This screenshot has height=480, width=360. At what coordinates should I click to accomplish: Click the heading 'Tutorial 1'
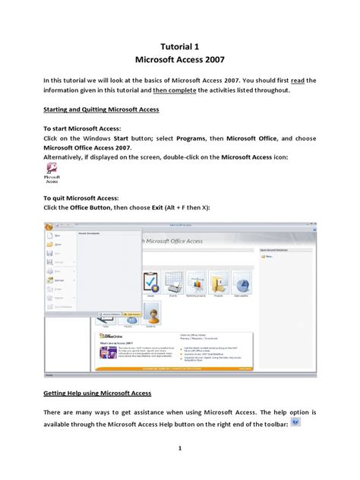click(180, 46)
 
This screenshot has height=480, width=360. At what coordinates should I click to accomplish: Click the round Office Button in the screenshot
click(48, 227)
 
